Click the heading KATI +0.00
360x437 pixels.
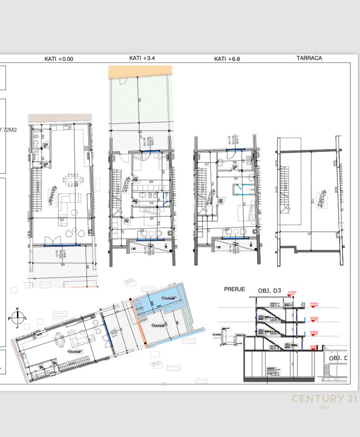pos(58,59)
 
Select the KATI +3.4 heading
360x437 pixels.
pos(142,58)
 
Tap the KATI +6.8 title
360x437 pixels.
pos(227,59)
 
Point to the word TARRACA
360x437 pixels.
pos(309,58)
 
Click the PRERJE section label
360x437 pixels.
pos(235,289)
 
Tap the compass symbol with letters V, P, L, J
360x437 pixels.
pos(17,317)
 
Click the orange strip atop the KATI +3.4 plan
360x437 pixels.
pos(140,70)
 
